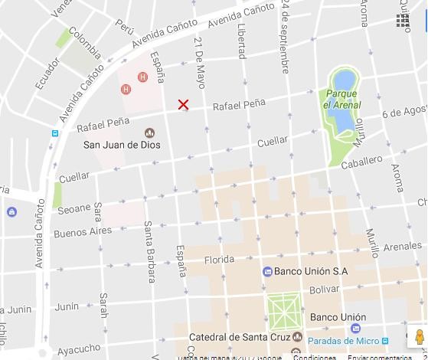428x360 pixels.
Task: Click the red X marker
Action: click(x=183, y=104)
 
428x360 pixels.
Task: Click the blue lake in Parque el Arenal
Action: click(x=342, y=100)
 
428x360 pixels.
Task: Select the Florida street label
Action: click(x=218, y=260)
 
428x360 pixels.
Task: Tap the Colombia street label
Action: click(x=85, y=43)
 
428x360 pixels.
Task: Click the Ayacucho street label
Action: click(x=79, y=349)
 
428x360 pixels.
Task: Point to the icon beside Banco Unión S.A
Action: click(x=267, y=271)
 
